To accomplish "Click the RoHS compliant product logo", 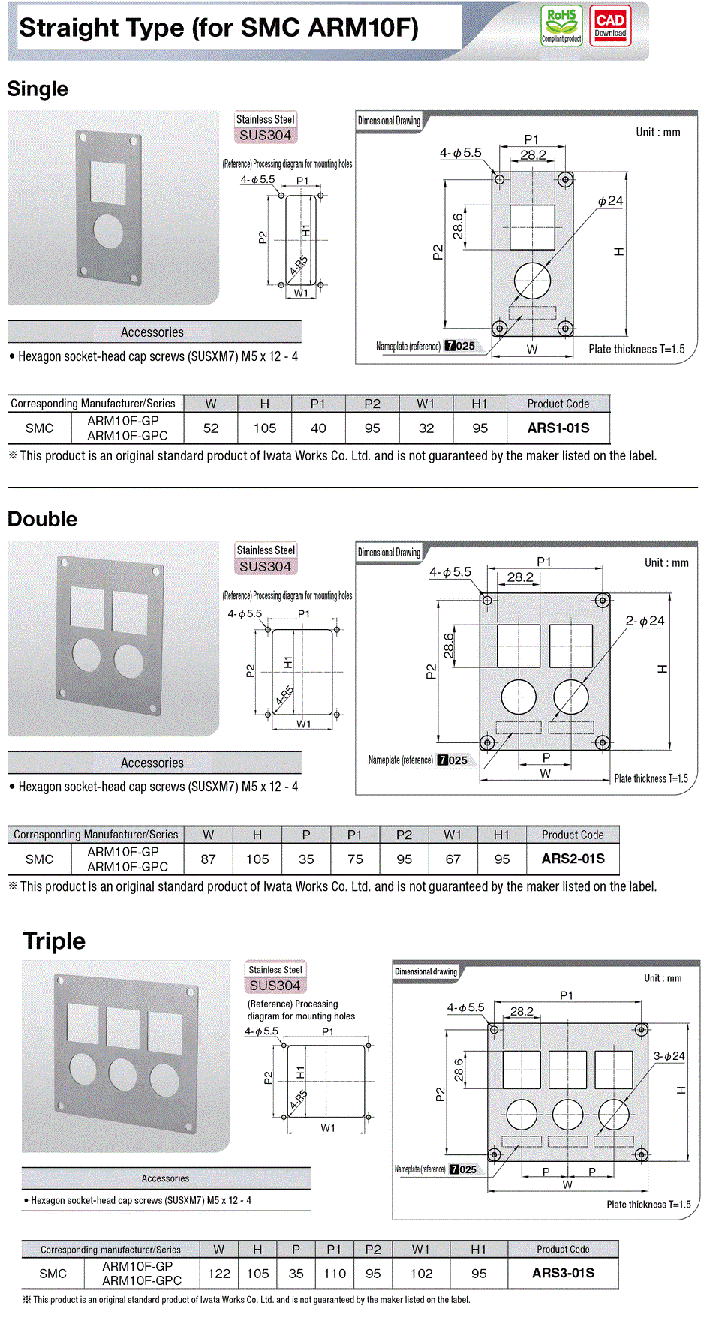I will [x=561, y=25].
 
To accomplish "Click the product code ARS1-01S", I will [x=558, y=428].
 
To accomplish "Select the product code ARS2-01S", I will [x=573, y=859].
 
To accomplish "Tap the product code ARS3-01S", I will [x=563, y=1273].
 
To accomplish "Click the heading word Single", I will [x=38, y=89].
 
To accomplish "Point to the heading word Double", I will [x=42, y=519].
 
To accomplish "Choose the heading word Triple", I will [x=54, y=940].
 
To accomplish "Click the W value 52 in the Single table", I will [x=211, y=428].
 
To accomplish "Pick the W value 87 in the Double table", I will [x=209, y=859].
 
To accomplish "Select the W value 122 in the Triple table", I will [x=219, y=1273].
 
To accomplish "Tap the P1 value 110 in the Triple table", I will [x=335, y=1273].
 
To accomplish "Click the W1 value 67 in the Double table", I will [x=453, y=859].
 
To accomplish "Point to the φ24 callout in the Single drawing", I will [x=610, y=201].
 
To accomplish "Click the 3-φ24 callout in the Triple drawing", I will [x=669, y=1056].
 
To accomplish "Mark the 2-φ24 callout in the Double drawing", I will [x=645, y=621].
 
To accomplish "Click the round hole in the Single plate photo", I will [x=108, y=231].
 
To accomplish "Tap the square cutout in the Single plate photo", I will [x=107, y=181].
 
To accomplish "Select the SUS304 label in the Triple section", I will [x=275, y=985].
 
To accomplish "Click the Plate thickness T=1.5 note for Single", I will [x=636, y=349].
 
